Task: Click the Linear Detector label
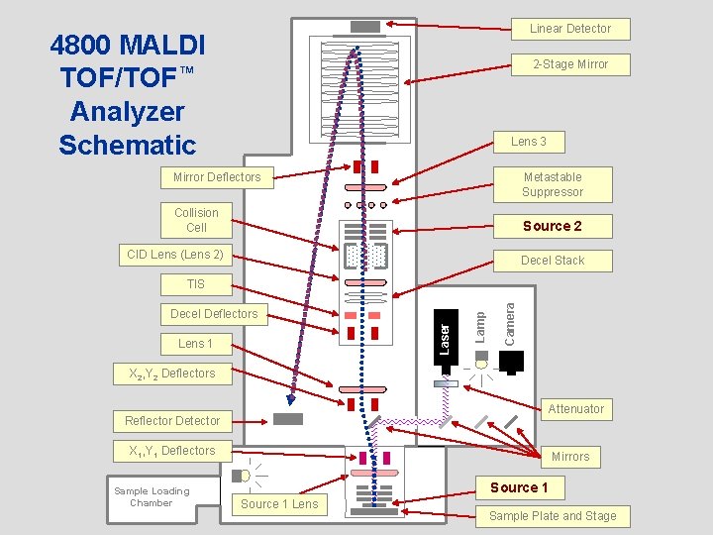(569, 29)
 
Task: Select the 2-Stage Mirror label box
(569, 64)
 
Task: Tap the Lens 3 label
(528, 142)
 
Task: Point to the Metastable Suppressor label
(553, 184)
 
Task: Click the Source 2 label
(552, 226)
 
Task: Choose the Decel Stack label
(553, 261)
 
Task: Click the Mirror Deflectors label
(217, 177)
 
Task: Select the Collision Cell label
(196, 220)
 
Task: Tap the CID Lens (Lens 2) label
(175, 255)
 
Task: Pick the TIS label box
(196, 284)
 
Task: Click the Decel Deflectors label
(214, 314)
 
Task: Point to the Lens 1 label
(195, 344)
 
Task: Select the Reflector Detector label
(172, 421)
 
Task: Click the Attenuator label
(575, 409)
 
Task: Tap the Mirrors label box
(570, 457)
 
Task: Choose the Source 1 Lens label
(279, 504)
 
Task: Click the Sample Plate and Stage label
(553, 516)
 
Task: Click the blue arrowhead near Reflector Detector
(290, 399)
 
